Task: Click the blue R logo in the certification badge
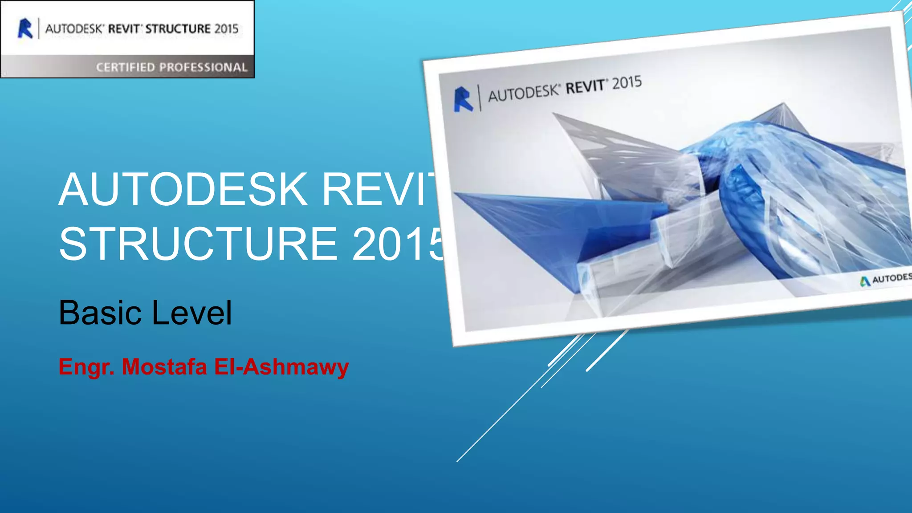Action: [x=25, y=28]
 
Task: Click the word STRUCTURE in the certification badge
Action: [x=178, y=29]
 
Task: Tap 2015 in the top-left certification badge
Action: [x=226, y=29]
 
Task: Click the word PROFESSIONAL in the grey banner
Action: [x=203, y=67]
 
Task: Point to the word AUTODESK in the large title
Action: [x=183, y=190]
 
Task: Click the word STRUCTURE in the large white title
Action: [x=198, y=244]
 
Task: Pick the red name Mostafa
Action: [x=164, y=367]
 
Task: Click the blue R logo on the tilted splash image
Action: [x=463, y=99]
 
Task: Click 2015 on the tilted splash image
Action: [x=627, y=83]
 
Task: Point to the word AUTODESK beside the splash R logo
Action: [x=523, y=93]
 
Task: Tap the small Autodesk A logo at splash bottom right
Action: [x=865, y=281]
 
